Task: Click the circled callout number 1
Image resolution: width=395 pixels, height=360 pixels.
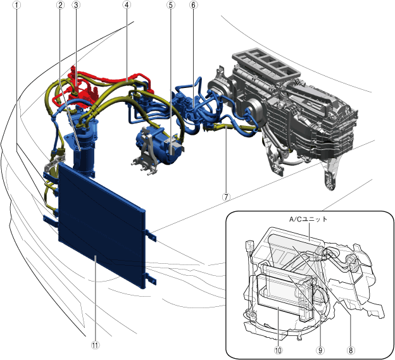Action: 16,5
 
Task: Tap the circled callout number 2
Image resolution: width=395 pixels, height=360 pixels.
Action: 60,5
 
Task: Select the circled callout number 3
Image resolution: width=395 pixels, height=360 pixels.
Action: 76,5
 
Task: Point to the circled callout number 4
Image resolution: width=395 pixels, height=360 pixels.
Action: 127,5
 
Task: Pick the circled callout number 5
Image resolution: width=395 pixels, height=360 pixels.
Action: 171,5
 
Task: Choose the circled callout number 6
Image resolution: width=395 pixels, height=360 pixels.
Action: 193,5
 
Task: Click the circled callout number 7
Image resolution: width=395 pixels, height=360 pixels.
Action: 226,197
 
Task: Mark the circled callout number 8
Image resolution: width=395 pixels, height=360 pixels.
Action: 351,350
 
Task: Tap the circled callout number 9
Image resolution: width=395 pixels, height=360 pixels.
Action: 320,350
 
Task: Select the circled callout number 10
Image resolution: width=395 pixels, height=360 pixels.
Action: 278,350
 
